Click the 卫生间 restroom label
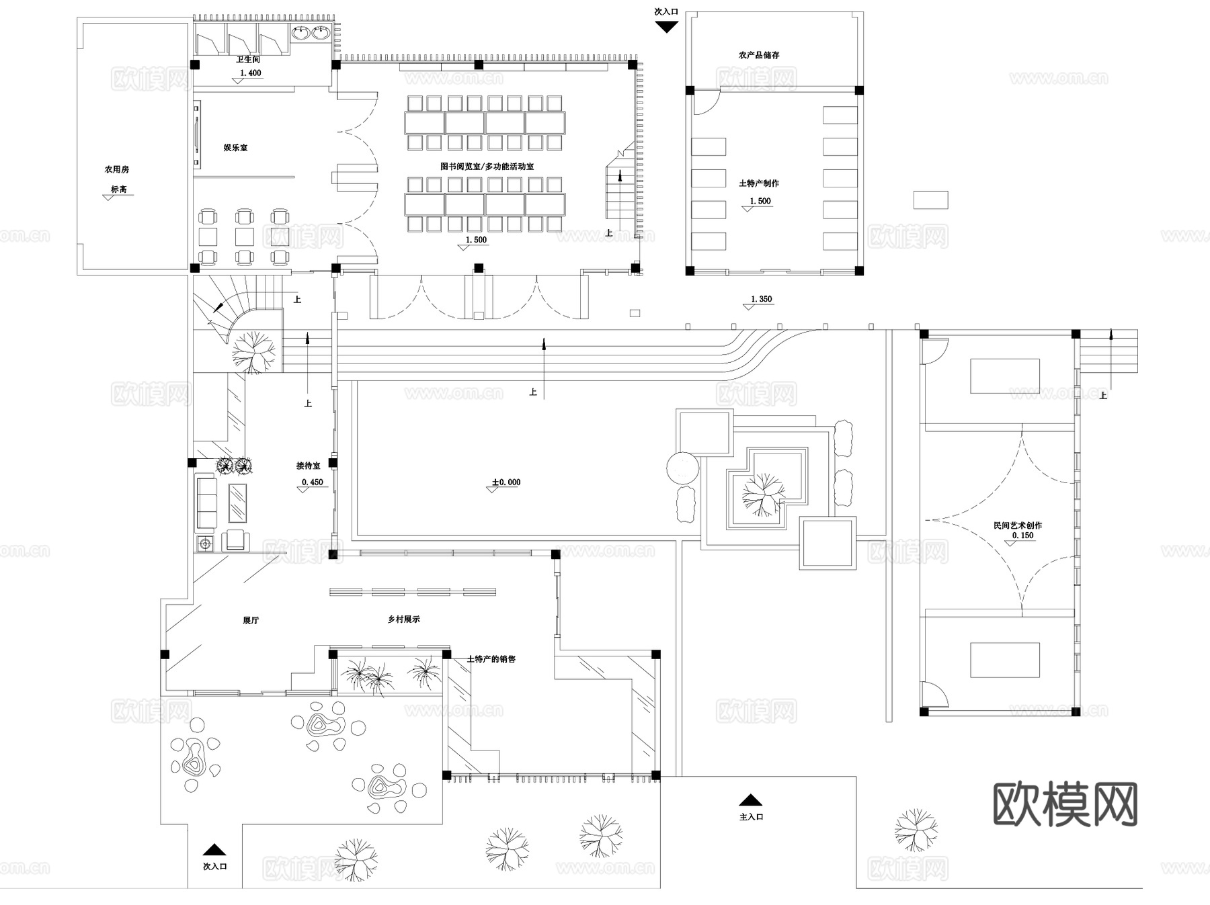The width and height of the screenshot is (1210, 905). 247,60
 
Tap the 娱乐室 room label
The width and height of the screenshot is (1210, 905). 235,147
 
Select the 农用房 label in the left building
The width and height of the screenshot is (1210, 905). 116,169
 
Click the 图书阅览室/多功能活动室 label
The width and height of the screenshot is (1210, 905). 487,166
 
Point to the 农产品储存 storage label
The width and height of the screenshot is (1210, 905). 759,55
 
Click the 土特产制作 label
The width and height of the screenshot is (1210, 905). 759,183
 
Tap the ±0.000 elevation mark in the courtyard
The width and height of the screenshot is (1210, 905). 506,482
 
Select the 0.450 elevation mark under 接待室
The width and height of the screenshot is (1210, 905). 313,482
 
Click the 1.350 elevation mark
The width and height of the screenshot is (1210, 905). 761,299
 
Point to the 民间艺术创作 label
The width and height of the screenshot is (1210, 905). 1018,525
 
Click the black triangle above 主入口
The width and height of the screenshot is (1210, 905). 750,800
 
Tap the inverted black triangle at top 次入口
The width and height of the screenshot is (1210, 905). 666,27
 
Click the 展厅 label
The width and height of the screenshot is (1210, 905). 251,620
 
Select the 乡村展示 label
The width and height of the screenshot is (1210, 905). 403,619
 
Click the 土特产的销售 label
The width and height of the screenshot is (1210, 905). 491,659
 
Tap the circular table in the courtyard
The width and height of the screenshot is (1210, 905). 683,468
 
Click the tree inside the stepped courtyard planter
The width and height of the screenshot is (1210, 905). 762,494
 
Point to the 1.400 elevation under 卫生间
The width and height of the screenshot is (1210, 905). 250,73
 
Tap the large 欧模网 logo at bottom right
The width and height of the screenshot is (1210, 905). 1065,804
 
